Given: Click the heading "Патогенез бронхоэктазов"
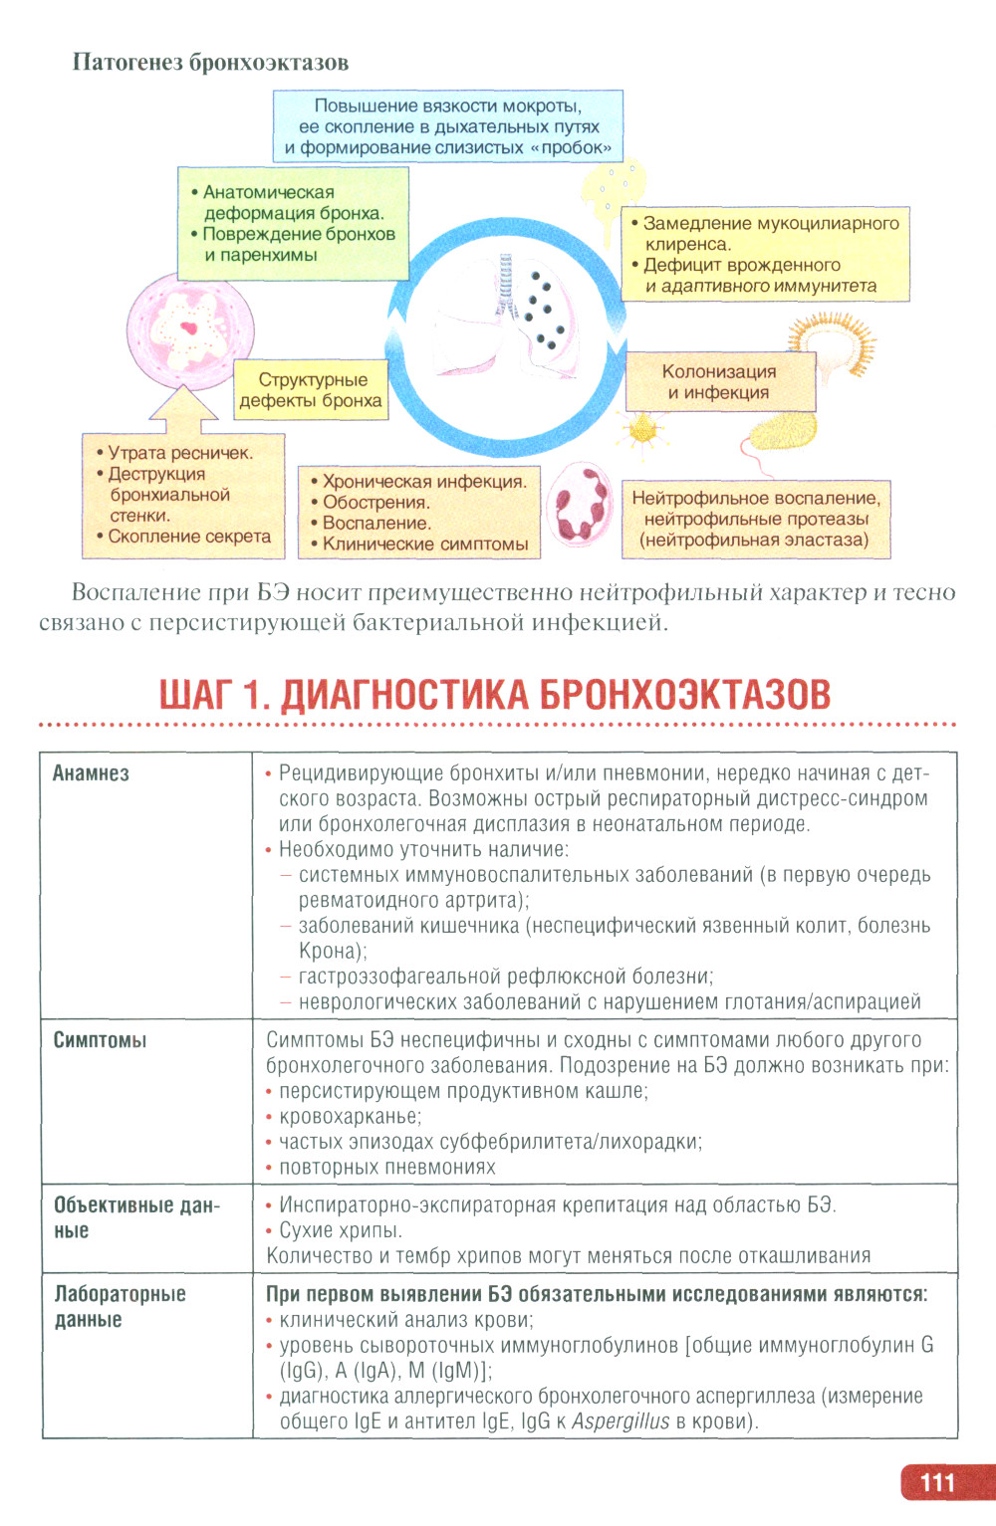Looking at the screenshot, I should coord(210,62).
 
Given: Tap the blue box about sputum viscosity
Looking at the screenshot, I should coord(448,126).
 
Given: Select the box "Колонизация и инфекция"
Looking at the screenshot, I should coord(719,381).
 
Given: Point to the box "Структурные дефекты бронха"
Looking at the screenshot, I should coord(311,390).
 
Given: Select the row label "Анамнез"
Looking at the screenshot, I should coord(91,773).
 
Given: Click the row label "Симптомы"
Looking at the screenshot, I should coord(100,1040).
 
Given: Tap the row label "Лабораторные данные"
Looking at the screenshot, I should coord(120,1306).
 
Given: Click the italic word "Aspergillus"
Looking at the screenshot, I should coord(620,1421).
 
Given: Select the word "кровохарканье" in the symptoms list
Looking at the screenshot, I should coord(350,1117).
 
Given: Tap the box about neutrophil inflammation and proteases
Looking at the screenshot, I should coord(756,519).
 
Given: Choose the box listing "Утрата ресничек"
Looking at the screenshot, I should coord(182,494).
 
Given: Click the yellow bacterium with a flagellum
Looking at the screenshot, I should coord(782,433).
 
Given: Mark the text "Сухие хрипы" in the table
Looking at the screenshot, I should coord(340,1230).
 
